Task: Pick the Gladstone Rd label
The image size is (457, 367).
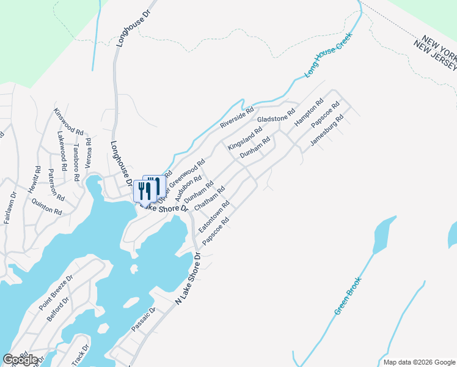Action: coord(276,114)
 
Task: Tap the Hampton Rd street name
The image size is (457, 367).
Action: coord(309,113)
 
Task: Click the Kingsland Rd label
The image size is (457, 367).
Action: coord(244,139)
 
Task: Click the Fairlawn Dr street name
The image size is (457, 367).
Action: coord(10,208)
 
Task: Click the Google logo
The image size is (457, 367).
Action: coord(20,360)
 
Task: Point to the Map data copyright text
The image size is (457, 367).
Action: coord(419,362)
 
